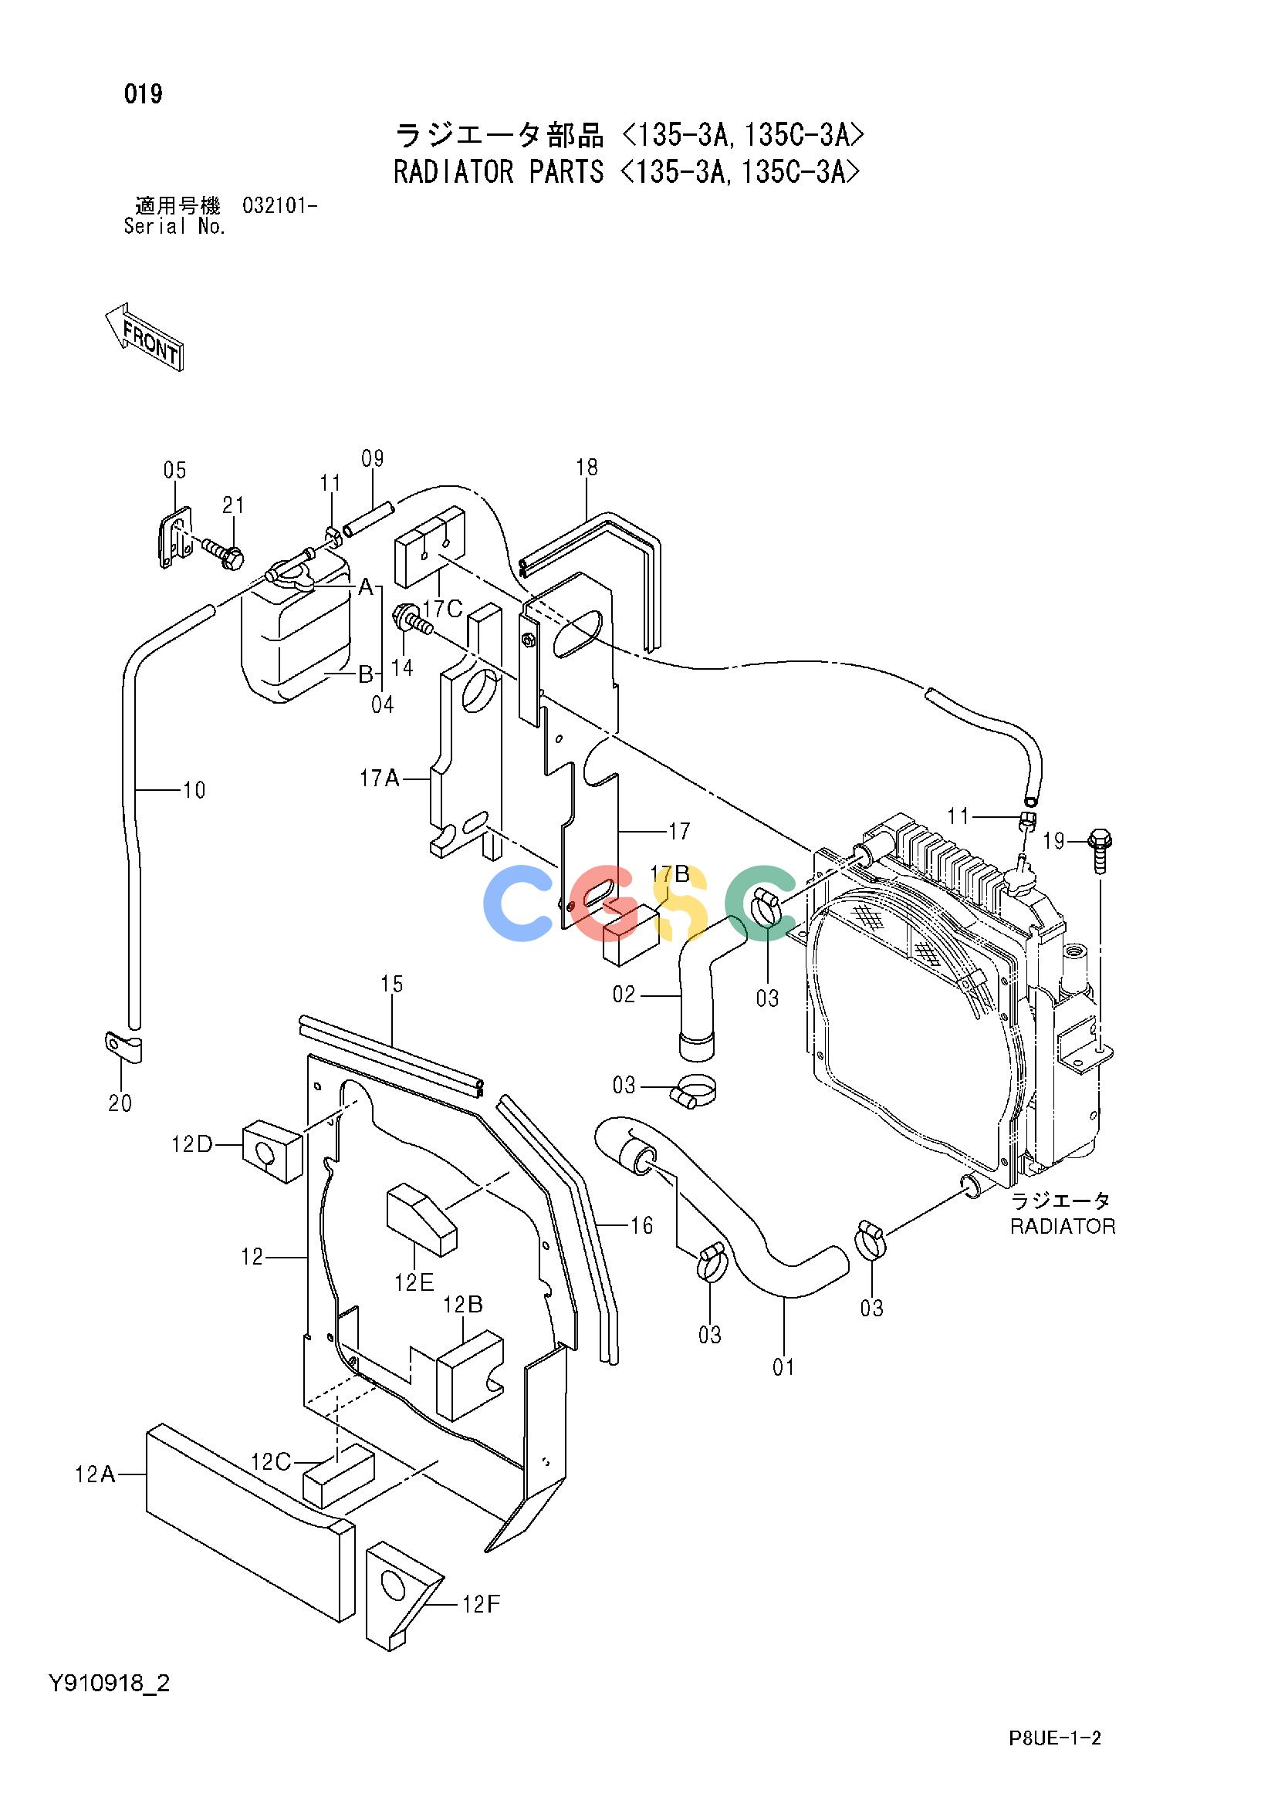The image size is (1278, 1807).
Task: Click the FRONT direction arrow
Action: click(x=144, y=336)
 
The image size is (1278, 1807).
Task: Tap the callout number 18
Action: click(x=587, y=468)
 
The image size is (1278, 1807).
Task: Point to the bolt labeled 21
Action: click(x=223, y=550)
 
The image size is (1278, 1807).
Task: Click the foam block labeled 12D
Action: click(x=271, y=1153)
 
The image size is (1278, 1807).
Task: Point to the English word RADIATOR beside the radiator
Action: click(x=1062, y=1226)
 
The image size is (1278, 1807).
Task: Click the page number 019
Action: click(x=144, y=94)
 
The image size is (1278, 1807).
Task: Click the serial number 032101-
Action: click(x=280, y=206)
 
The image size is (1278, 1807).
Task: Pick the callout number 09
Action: click(x=373, y=458)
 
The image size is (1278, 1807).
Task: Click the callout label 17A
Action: click(x=380, y=779)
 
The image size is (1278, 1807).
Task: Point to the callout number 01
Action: click(x=783, y=1368)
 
